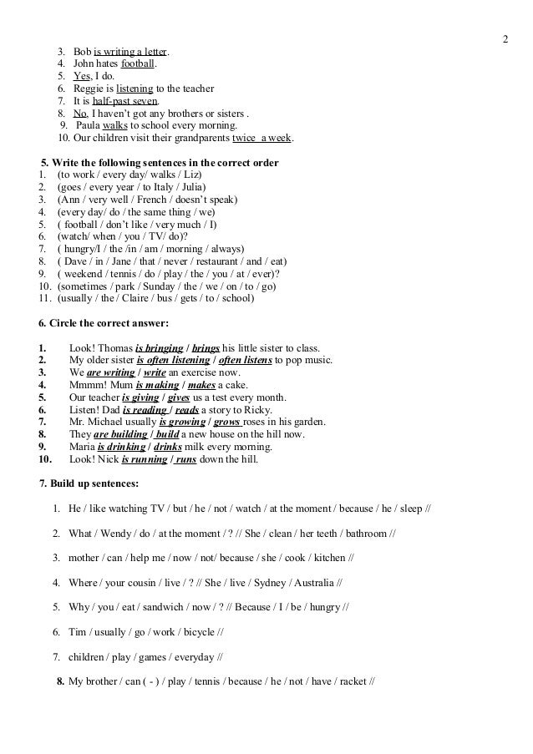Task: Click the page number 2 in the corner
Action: point(505,40)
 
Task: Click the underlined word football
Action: point(138,63)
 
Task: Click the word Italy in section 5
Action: point(156,187)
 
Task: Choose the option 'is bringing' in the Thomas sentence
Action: point(160,347)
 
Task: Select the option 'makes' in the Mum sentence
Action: point(201,385)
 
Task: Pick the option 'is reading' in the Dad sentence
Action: point(145,410)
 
